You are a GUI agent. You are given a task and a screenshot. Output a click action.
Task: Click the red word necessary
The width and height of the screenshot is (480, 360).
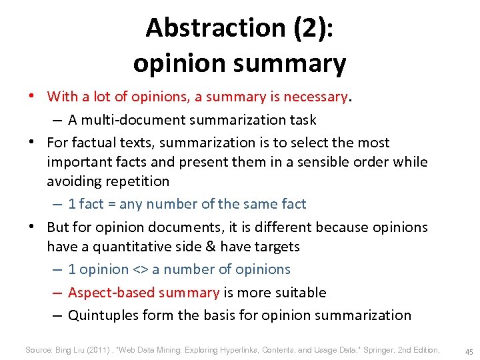315,97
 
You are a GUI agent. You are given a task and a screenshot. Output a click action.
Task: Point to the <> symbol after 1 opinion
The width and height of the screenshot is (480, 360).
140,269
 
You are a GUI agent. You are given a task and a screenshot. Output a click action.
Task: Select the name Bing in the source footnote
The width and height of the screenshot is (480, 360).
65,350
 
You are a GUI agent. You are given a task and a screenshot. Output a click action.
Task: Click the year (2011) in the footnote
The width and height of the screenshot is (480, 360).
103,350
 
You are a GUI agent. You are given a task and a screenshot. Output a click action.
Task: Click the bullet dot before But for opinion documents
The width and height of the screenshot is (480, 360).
31,227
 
